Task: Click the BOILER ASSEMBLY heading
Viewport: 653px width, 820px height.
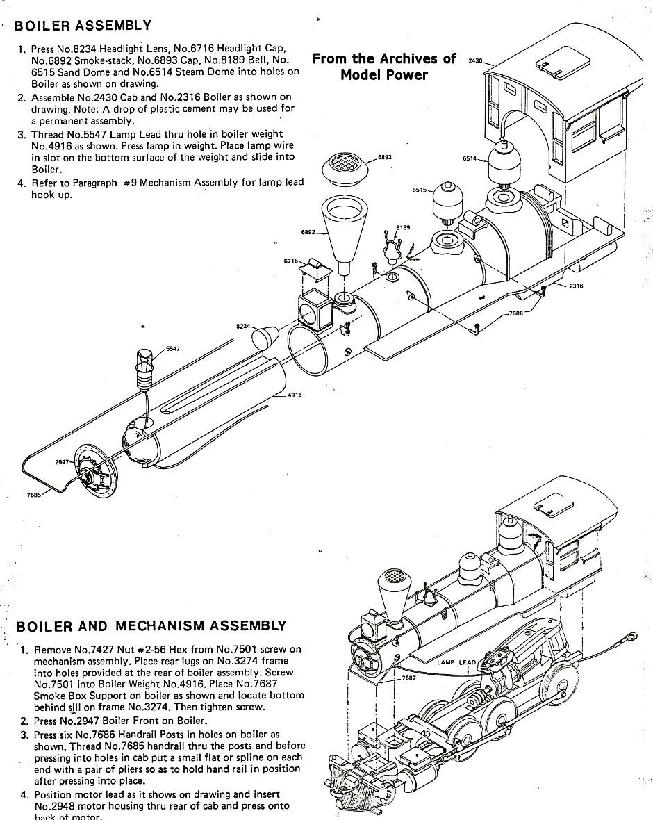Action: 82,25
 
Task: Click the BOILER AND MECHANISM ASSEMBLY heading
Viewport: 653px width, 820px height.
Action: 151,626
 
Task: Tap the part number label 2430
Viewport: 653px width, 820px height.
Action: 475,60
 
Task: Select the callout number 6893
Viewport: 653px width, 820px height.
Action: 385,157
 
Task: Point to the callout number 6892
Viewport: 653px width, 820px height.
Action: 308,231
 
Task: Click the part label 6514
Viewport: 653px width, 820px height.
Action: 470,158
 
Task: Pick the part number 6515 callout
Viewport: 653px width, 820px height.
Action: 420,190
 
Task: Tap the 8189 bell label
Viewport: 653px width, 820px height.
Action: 403,227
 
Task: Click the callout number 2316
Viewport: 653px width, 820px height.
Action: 576,286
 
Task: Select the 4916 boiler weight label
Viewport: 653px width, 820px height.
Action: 295,395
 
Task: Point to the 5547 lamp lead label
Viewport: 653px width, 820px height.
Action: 173,348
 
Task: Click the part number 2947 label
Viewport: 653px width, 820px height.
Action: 63,462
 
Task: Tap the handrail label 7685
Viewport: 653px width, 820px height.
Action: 34,495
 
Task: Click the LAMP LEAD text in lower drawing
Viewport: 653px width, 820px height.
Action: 456,662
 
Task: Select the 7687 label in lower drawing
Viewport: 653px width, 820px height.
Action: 409,678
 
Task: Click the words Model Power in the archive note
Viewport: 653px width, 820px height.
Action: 383,75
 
